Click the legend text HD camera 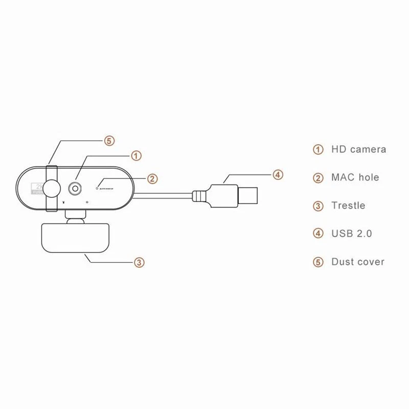point(358,150)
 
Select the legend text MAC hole point(355,177)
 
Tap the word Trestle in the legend point(348,206)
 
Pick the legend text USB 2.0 point(351,234)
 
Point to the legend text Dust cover point(357,262)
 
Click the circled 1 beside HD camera point(318,150)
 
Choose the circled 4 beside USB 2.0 point(318,234)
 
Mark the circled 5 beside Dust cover point(318,262)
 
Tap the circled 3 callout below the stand point(139,262)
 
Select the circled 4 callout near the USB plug point(277,175)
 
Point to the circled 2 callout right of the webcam point(152,178)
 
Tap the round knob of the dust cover point(52,188)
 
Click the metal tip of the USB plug point(251,195)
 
